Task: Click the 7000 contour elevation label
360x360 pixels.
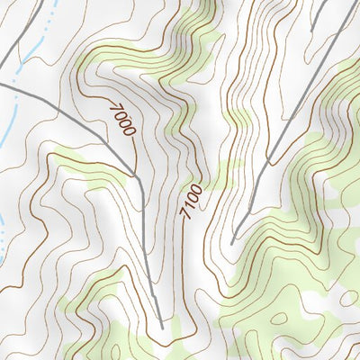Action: (121, 119)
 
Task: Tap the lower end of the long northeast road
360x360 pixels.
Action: (232, 243)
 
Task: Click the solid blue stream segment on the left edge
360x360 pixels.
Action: (4, 135)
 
